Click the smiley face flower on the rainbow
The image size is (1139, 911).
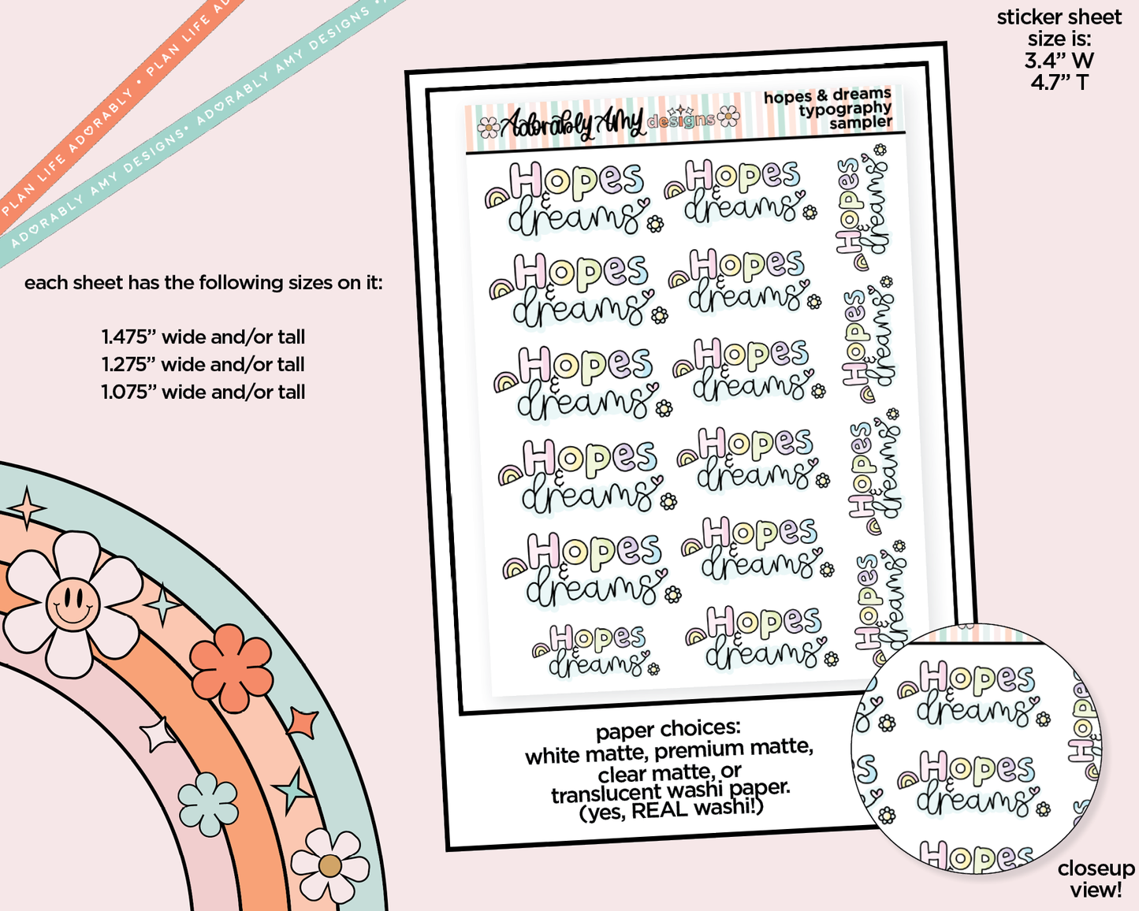click(73, 604)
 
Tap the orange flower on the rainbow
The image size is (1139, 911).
click(231, 667)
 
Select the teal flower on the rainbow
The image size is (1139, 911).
click(207, 804)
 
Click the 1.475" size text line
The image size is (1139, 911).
click(203, 337)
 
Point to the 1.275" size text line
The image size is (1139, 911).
click(203, 365)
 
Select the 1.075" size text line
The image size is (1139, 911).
click(203, 392)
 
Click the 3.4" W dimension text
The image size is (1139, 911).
click(1059, 61)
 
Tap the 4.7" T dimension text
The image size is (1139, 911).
click(1059, 83)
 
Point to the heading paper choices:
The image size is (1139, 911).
click(668, 730)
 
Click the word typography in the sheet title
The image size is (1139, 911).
click(845, 110)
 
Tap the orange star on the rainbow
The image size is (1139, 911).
click(303, 722)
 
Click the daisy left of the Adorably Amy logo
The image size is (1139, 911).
click(488, 128)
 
